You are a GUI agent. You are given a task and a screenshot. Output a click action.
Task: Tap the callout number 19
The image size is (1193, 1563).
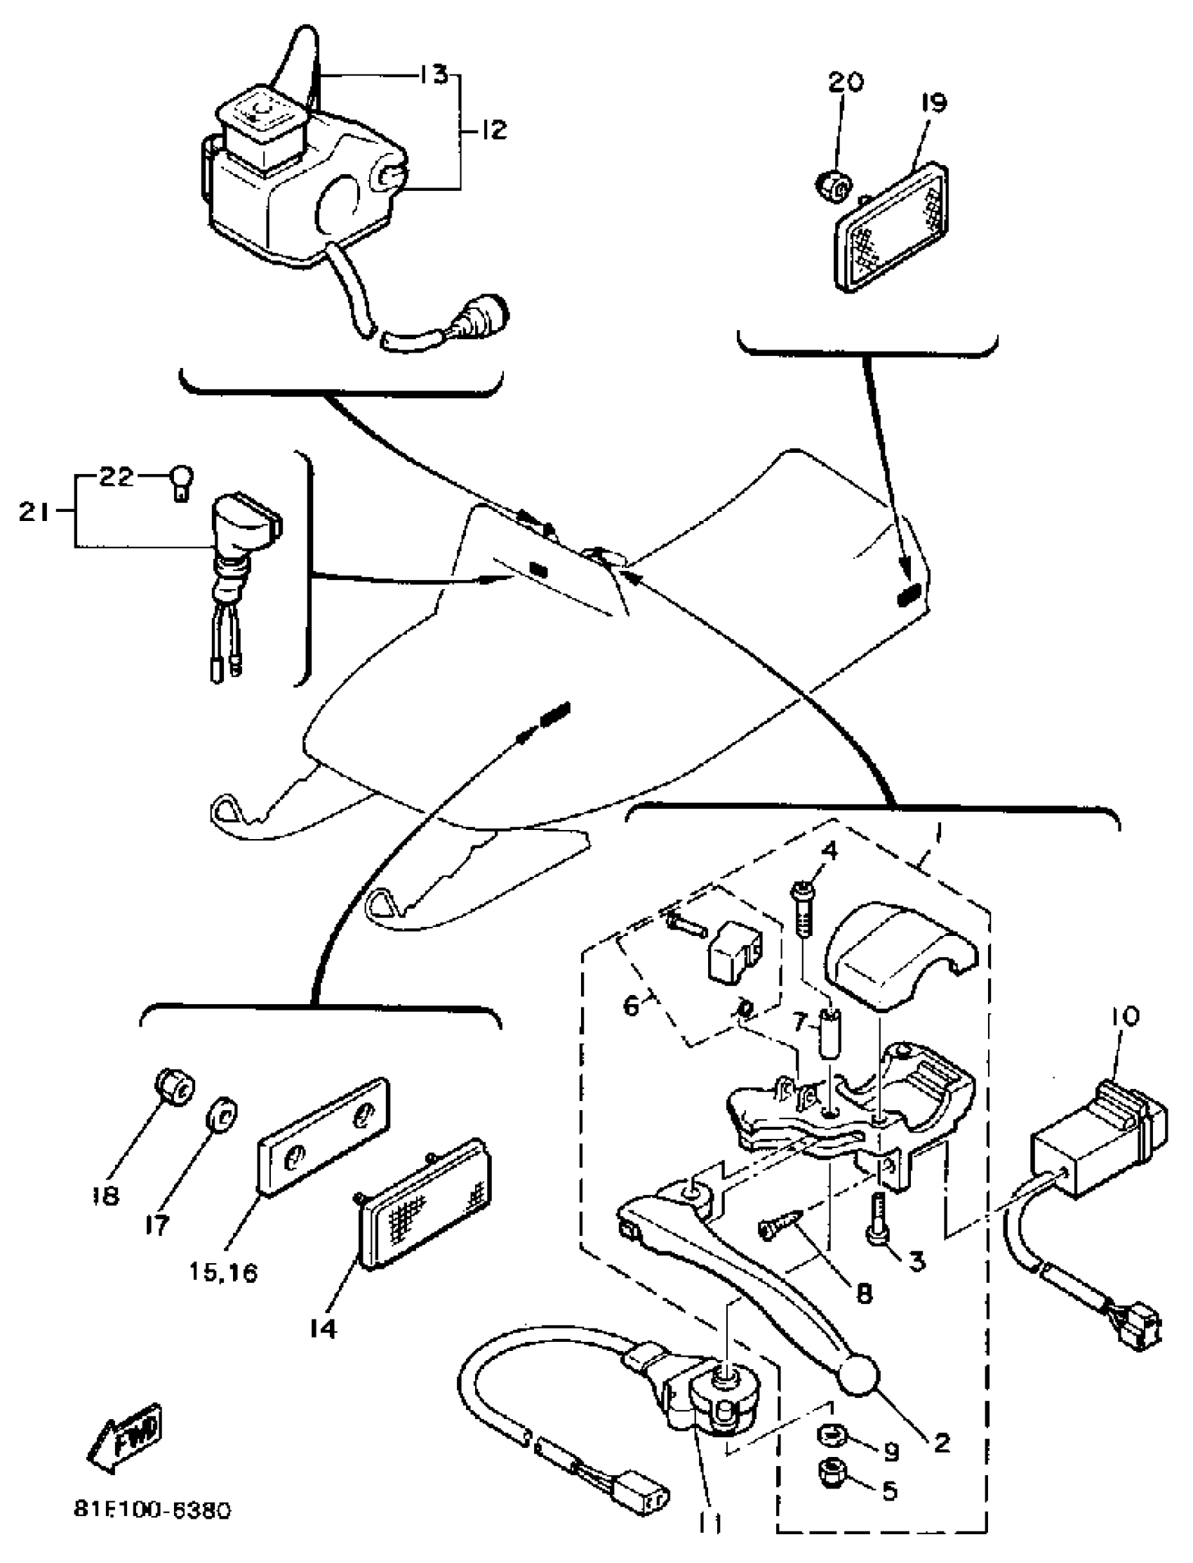(x=935, y=103)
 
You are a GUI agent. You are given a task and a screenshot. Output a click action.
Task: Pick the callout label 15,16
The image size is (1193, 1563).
(x=223, y=1272)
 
